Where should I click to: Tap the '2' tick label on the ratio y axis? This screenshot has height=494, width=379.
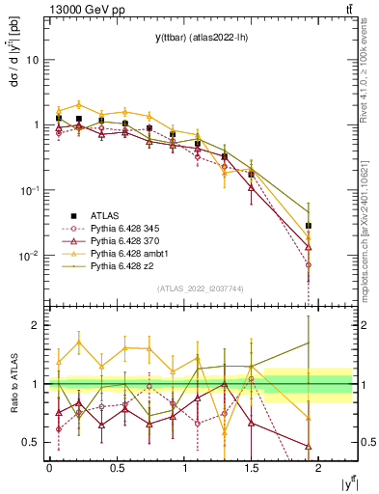[x=36, y=326]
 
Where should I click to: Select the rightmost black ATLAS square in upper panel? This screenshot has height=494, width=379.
[x=309, y=226]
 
